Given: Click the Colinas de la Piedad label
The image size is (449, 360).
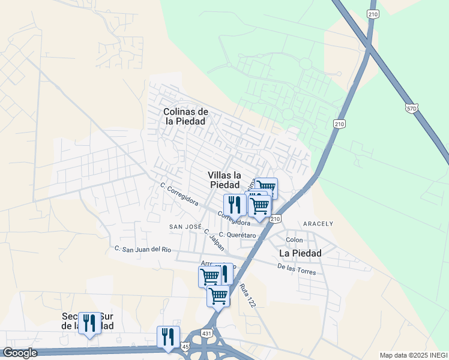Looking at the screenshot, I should tap(186, 116).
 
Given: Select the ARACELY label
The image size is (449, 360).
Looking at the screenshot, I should tap(318, 224).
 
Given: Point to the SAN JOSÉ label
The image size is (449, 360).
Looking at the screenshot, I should tap(185, 227).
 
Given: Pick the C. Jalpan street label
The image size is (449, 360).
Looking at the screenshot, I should tap(214, 240).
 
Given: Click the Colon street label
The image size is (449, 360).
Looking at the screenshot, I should tap(294, 240).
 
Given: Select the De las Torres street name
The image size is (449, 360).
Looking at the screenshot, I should tap(297, 269).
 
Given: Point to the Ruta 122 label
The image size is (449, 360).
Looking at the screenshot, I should tap(248, 296).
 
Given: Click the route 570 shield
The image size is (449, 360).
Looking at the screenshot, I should tap(411, 109).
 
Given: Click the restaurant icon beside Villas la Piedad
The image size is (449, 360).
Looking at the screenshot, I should tap(234, 205).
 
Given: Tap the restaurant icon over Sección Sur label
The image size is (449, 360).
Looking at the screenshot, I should tap(89, 323).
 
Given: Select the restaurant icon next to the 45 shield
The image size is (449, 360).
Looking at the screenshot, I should tap(167, 337).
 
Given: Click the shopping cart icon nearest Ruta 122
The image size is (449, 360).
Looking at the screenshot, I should tap(218, 295).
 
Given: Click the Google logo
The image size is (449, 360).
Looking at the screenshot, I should tap(19, 353).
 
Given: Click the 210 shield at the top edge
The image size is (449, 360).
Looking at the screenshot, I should tap(373, 14).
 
